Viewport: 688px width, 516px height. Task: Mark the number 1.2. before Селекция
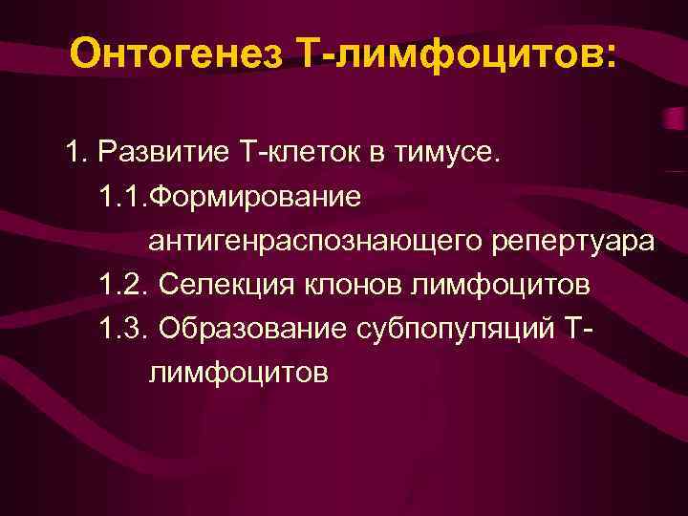click(x=123, y=285)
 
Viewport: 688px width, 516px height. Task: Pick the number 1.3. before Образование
click(x=123, y=329)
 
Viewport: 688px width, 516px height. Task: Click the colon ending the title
click(x=610, y=57)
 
